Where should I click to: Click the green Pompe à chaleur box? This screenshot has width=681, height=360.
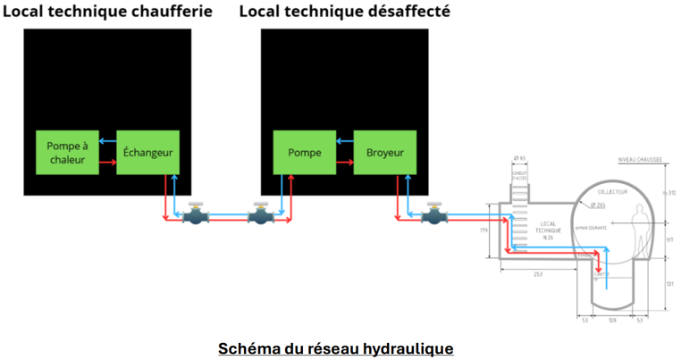coord(66,153)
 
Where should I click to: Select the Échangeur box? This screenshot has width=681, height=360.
coord(147,153)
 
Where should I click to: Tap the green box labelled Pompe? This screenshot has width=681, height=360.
coord(304,153)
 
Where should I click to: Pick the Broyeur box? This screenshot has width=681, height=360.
coord(384,153)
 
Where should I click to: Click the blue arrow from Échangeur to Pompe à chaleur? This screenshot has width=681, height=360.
coord(107,141)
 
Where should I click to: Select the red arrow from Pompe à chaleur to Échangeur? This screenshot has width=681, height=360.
coord(107,163)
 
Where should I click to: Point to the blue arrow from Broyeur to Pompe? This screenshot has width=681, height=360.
coord(344,141)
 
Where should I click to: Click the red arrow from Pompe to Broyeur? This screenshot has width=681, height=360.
coord(344,163)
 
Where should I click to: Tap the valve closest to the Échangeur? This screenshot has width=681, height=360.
coord(194,214)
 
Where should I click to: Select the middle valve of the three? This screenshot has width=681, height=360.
coord(260,214)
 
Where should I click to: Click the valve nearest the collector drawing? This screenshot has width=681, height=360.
coord(434,214)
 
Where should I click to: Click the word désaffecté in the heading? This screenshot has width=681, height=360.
coord(407,12)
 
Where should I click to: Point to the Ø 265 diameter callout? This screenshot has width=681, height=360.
coord(599,205)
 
